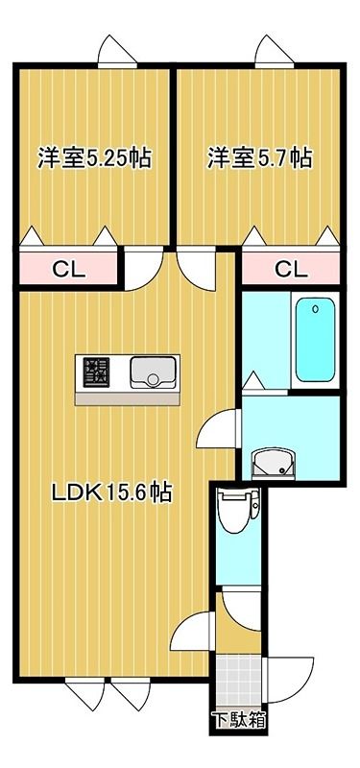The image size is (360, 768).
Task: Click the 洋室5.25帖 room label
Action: click(x=94, y=158)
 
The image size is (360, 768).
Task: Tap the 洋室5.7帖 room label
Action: click(x=259, y=158)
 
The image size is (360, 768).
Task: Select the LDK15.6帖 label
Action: click(x=112, y=492)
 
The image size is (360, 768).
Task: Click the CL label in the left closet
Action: click(x=68, y=269)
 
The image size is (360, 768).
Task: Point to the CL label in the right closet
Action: click(x=291, y=269)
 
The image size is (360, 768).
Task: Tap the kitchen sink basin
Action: click(x=153, y=372)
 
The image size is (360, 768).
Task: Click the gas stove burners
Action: click(x=96, y=372)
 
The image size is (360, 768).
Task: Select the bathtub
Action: click(x=316, y=340)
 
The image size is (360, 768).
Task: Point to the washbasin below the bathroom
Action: click(x=274, y=463)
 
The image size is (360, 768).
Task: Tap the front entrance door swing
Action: click(x=289, y=680)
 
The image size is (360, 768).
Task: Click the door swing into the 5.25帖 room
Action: click(x=143, y=269)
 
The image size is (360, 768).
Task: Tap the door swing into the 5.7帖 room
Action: click(x=196, y=269)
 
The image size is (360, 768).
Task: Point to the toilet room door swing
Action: click(x=241, y=611)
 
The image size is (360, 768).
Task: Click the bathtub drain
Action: click(x=316, y=309)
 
